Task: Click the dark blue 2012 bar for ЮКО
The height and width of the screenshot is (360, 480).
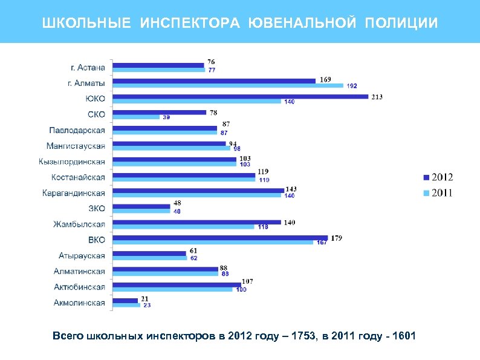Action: coord(241,96)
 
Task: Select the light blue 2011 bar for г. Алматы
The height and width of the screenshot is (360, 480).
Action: coord(229,85)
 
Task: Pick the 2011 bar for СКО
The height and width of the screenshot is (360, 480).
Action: coord(137,117)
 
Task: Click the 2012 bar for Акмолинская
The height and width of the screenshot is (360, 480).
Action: coord(126,300)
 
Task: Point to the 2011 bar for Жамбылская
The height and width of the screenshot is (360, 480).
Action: coord(184,227)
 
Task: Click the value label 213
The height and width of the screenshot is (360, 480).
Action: coord(377,96)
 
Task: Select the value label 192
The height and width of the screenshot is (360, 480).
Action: coord(352,86)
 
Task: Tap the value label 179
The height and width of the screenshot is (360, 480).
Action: coord(336,238)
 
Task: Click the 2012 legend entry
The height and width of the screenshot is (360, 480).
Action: coord(438,177)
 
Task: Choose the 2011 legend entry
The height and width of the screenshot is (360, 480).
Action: coord(438,193)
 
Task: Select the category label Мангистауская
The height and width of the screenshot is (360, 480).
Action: coord(76,146)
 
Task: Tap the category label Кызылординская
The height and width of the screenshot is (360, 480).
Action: coord(72,162)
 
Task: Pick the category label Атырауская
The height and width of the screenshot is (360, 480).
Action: coord(82,256)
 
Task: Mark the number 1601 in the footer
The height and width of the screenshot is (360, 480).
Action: coord(403,336)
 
